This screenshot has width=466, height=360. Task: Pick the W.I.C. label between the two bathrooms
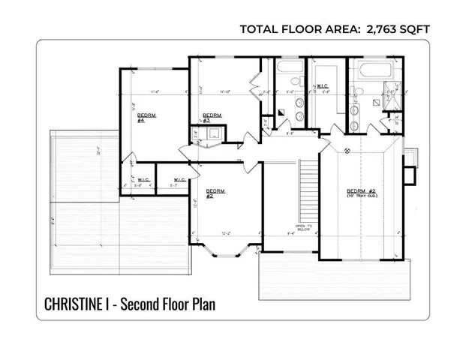coord(323,85)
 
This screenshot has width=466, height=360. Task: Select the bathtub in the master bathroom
coord(368,72)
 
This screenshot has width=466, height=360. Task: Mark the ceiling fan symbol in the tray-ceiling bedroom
coord(347,151)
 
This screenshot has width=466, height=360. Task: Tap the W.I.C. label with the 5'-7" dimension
coord(180,180)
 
